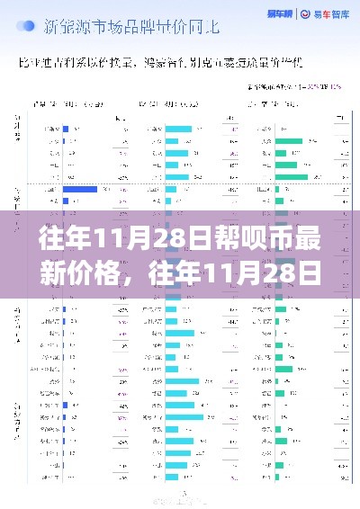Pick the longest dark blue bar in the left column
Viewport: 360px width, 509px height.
pyautogui.click(x=80, y=189)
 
